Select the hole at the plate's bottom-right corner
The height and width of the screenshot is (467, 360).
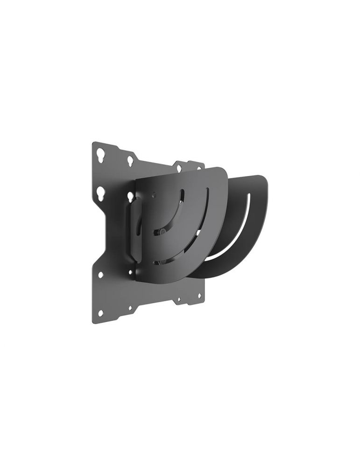coord(199,296)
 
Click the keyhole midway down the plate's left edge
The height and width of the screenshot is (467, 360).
coord(100,192)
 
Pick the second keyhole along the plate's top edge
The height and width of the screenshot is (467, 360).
coord(130,161)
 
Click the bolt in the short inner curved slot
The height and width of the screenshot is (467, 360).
coord(161,231)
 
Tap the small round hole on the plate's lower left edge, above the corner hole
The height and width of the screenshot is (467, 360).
coord(100,275)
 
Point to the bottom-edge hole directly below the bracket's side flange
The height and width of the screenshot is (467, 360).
coord(130,309)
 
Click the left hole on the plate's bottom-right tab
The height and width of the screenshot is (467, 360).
coord(178,299)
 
